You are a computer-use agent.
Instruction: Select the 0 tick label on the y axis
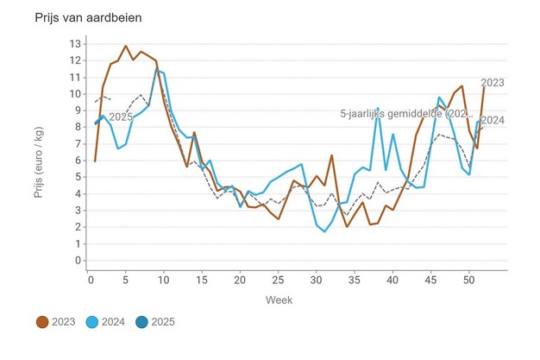tap(78, 260)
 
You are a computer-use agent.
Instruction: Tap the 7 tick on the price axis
tap(78, 143)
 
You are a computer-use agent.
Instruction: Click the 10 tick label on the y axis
tap(75, 94)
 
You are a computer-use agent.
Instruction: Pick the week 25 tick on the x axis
tap(276, 280)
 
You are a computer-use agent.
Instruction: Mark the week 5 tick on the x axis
tap(125, 280)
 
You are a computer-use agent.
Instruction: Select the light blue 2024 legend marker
tap(95, 322)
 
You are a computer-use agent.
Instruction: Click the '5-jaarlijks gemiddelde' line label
tap(405, 113)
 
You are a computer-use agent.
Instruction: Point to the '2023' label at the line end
tap(492, 83)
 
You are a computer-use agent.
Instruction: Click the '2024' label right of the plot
tap(492, 120)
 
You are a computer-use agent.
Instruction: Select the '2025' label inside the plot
tap(121, 117)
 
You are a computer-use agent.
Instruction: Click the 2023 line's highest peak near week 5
tap(126, 46)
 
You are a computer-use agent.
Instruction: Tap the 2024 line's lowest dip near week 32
tap(325, 232)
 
